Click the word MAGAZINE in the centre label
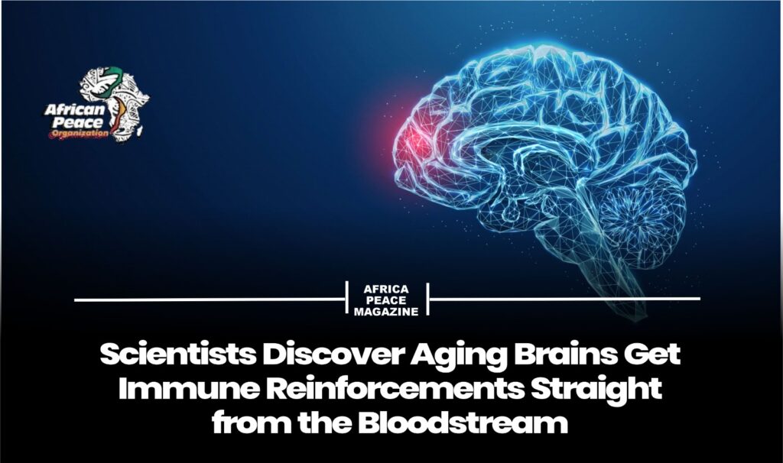386,312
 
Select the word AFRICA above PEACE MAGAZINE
386,290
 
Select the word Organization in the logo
79,134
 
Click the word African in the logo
75,110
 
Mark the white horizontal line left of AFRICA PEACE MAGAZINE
210,299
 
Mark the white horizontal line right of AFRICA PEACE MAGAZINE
565,299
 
